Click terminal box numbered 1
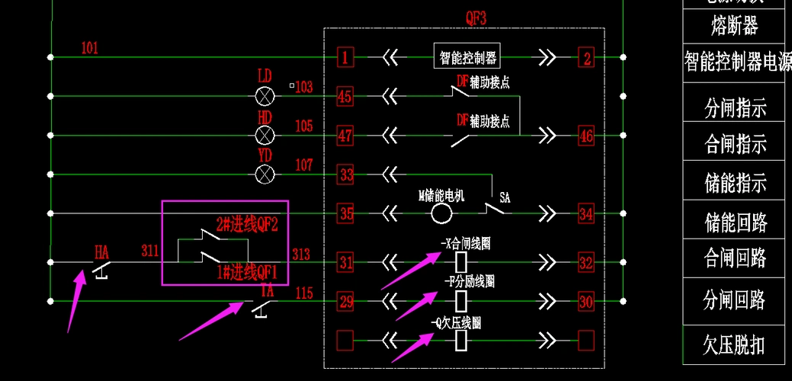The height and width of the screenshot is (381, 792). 346,57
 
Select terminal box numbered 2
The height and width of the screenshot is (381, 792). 585,57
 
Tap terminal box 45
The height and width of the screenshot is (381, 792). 346,97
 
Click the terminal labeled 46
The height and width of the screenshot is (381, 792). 585,136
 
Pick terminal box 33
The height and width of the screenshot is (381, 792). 346,175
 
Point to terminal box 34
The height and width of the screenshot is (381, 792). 585,214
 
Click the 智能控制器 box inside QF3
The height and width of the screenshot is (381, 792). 467,56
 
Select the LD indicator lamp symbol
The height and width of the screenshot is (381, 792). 265,96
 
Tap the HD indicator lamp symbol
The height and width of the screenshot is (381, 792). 265,136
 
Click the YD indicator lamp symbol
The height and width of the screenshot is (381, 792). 265,174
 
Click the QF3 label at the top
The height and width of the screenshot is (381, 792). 476,17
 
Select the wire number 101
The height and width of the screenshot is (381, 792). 90,49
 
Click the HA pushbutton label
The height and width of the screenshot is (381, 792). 101,250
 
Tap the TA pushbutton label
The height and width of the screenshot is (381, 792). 267,290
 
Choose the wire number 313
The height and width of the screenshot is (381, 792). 301,254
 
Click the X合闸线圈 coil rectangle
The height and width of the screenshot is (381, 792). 460,263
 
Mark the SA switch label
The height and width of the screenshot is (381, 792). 505,197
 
